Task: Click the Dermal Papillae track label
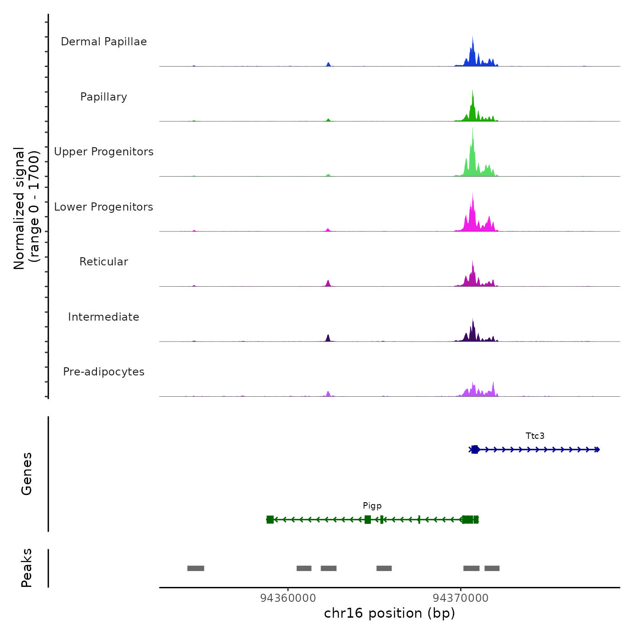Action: (x=104, y=42)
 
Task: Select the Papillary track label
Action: (x=104, y=97)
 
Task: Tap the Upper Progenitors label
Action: (x=104, y=152)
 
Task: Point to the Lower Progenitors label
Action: (x=104, y=207)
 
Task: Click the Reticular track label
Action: (x=104, y=262)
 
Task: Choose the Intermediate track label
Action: (x=104, y=317)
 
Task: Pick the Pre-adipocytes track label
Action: (x=104, y=372)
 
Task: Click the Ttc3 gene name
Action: (x=535, y=436)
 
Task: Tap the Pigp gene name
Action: (x=372, y=506)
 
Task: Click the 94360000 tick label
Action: (x=288, y=598)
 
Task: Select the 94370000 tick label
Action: (x=461, y=598)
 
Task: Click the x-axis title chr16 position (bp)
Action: (x=389, y=613)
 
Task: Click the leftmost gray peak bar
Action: (x=196, y=568)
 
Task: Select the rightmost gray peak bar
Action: (x=492, y=568)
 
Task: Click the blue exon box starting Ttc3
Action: (x=475, y=450)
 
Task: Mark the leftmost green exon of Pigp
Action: (x=270, y=519)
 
